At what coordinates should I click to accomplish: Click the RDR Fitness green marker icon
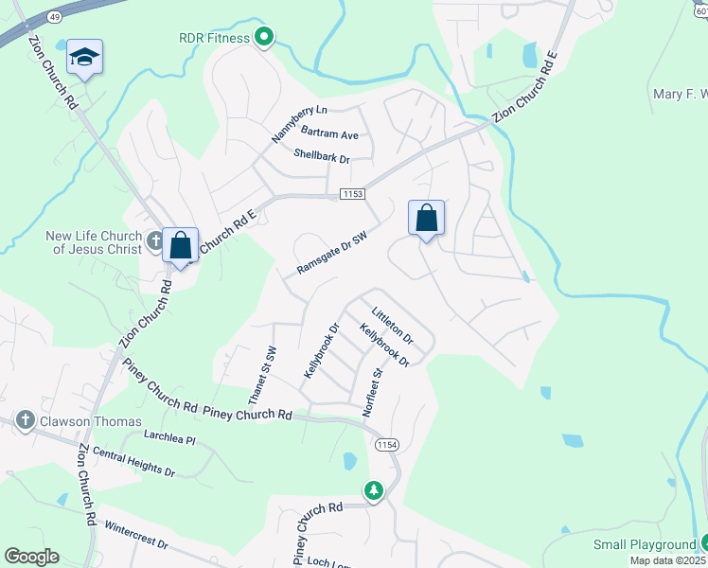coord(265,38)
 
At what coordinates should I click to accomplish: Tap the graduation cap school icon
coord(84,58)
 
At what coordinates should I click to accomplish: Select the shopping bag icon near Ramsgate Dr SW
coord(427,218)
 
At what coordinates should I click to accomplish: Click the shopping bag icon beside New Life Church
coord(180,245)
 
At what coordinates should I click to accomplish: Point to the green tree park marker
coord(374,489)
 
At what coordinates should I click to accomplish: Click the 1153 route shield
coord(352,193)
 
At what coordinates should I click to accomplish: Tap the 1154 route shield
coord(386,445)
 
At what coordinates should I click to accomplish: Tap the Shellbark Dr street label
coord(322,155)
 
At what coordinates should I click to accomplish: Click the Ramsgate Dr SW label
coord(331,255)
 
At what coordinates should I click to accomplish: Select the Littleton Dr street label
coord(393,325)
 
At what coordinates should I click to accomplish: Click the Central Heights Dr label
coord(133,464)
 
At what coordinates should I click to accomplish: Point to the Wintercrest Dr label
coord(135,535)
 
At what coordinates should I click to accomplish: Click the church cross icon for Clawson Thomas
coord(26,421)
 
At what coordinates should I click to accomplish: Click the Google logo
coord(32,557)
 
